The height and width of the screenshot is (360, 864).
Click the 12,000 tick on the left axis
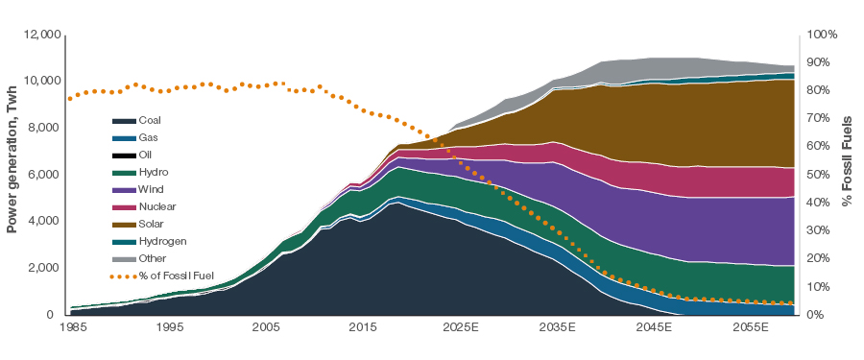coord(41,35)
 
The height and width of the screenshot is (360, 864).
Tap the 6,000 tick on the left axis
coord(44,175)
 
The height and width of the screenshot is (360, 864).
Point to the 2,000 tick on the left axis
coord(44,268)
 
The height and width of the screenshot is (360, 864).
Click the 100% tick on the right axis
coord(822,35)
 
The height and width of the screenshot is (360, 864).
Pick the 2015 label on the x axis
coord(362,328)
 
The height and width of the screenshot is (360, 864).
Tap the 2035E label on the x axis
coord(558,328)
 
